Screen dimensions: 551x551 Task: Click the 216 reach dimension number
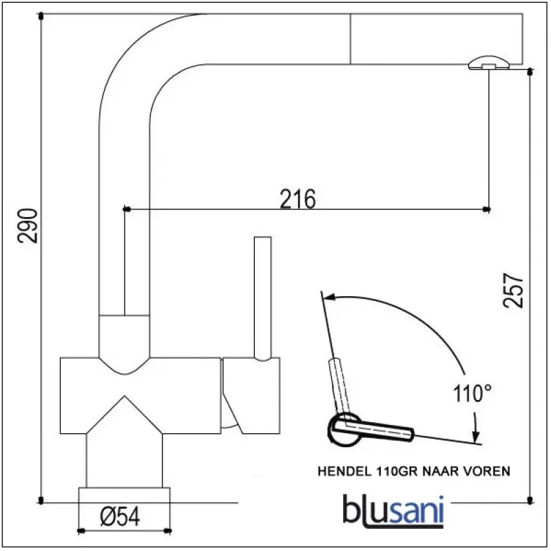[298, 198]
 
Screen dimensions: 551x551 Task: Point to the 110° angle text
[474, 395]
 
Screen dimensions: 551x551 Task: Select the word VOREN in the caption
[488, 472]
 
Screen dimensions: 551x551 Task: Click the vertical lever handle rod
[261, 296]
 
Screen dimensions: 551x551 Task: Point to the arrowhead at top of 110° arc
[328, 298]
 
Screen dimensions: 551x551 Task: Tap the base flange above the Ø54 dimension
[125, 496]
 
